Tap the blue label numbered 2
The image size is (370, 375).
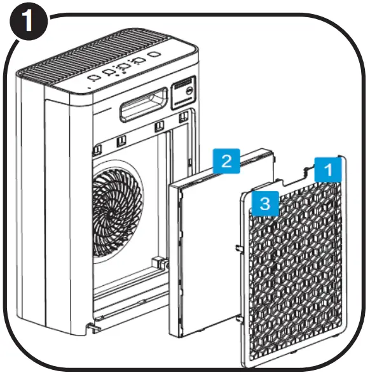(226, 162)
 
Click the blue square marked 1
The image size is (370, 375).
(329, 169)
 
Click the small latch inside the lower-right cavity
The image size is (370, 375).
(156, 262)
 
